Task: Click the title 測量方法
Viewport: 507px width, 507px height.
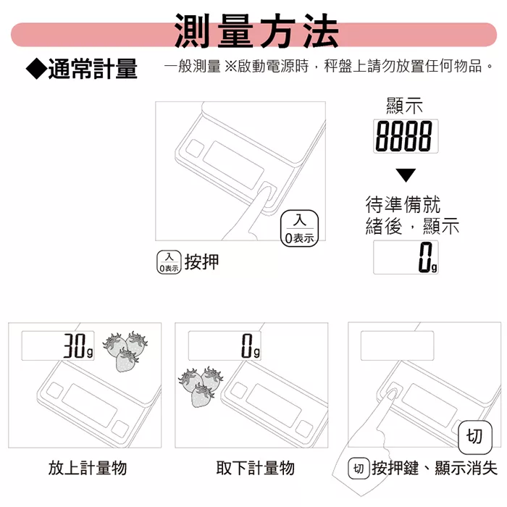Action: pos(256,31)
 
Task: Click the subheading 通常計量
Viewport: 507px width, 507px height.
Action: pos(93,69)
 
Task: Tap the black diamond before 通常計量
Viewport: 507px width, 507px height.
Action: pos(36,69)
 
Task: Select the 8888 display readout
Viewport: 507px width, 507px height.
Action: pos(406,136)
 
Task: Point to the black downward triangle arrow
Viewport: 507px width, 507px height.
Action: pos(406,175)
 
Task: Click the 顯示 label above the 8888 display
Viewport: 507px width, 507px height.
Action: pos(404,106)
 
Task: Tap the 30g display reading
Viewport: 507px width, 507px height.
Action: pos(58,345)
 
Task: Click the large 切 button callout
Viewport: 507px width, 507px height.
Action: pos(475,437)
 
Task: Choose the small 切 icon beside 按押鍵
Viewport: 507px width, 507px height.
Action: pos(359,468)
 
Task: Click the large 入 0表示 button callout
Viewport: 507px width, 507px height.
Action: pos(299,229)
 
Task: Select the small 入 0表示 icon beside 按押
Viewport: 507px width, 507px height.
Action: pos(169,262)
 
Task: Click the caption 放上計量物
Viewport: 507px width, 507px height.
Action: pos(88,468)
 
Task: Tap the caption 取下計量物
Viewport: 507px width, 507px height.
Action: pos(255,468)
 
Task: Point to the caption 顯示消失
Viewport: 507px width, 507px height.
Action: pos(466,468)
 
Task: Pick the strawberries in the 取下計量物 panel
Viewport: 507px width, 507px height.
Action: pos(201,387)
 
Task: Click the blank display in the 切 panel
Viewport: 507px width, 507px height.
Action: pos(397,345)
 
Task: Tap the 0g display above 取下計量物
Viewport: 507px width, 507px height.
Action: pos(225,345)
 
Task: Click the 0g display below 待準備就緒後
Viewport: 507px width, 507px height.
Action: pos(406,257)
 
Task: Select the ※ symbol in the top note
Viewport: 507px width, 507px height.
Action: pos(230,67)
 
